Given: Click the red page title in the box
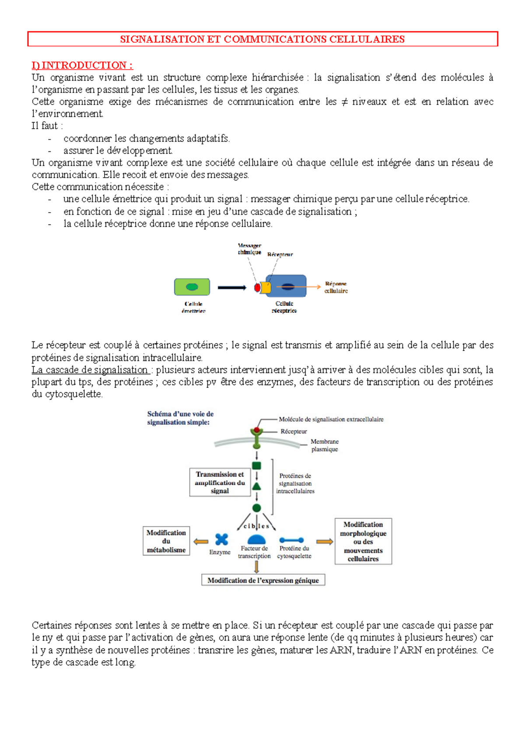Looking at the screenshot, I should point(262,39).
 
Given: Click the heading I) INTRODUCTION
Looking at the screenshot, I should point(82,66).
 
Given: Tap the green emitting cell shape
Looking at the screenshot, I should point(192,287).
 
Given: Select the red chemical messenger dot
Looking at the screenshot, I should point(257,287).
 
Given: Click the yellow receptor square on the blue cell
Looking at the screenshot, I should point(266,287).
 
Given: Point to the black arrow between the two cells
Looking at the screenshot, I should point(232,287).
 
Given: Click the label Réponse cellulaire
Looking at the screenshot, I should point(336,287).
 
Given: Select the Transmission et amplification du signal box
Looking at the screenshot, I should point(220,483).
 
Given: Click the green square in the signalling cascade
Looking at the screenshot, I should point(257,466).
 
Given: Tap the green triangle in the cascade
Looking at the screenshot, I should point(257,486).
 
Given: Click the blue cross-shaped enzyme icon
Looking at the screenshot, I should point(222,540).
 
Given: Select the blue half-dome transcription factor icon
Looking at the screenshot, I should point(256,540).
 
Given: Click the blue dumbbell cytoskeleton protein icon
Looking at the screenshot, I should point(291,540).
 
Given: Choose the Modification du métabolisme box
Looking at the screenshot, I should point(166,541).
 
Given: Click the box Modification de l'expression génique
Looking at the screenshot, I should point(263,580).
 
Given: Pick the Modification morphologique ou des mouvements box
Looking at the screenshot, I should point(363,541).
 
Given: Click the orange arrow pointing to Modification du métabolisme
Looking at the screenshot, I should point(201,542).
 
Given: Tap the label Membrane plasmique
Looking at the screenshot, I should point(325,445).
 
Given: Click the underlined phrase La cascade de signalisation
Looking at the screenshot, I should point(90,370).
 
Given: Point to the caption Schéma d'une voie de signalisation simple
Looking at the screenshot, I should point(180,418).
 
